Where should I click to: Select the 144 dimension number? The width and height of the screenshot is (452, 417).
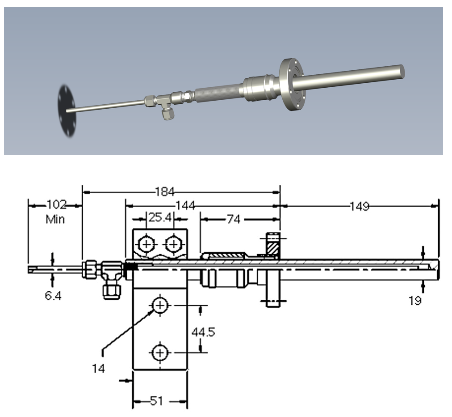coord(185,206)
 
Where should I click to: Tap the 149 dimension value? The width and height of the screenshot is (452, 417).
coord(360,206)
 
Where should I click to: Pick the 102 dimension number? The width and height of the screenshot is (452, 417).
coord(56,205)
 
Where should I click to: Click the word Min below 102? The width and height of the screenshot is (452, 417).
coord(55,219)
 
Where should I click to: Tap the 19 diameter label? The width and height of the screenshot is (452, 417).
coord(415,301)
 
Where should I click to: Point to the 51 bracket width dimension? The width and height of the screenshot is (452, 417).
coord(156,401)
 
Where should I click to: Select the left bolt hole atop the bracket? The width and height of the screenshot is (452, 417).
coord(146,244)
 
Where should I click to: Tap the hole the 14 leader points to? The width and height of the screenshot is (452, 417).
coord(159,306)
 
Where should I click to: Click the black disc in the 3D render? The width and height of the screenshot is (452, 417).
coord(67,109)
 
